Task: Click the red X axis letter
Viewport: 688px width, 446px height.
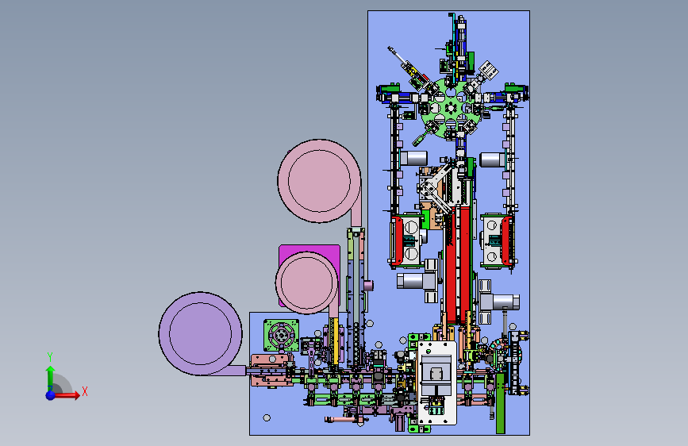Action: click(x=85, y=391)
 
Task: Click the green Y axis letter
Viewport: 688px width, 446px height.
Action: click(x=50, y=356)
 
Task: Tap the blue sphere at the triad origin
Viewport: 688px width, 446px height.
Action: click(x=51, y=395)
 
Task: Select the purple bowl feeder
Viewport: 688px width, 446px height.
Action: click(x=201, y=333)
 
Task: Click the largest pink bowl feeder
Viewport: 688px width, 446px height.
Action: click(x=320, y=181)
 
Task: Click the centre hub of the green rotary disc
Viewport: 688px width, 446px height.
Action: click(x=451, y=107)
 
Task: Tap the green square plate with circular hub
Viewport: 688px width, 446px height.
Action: click(x=281, y=336)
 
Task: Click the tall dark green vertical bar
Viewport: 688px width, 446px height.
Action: click(x=500, y=403)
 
